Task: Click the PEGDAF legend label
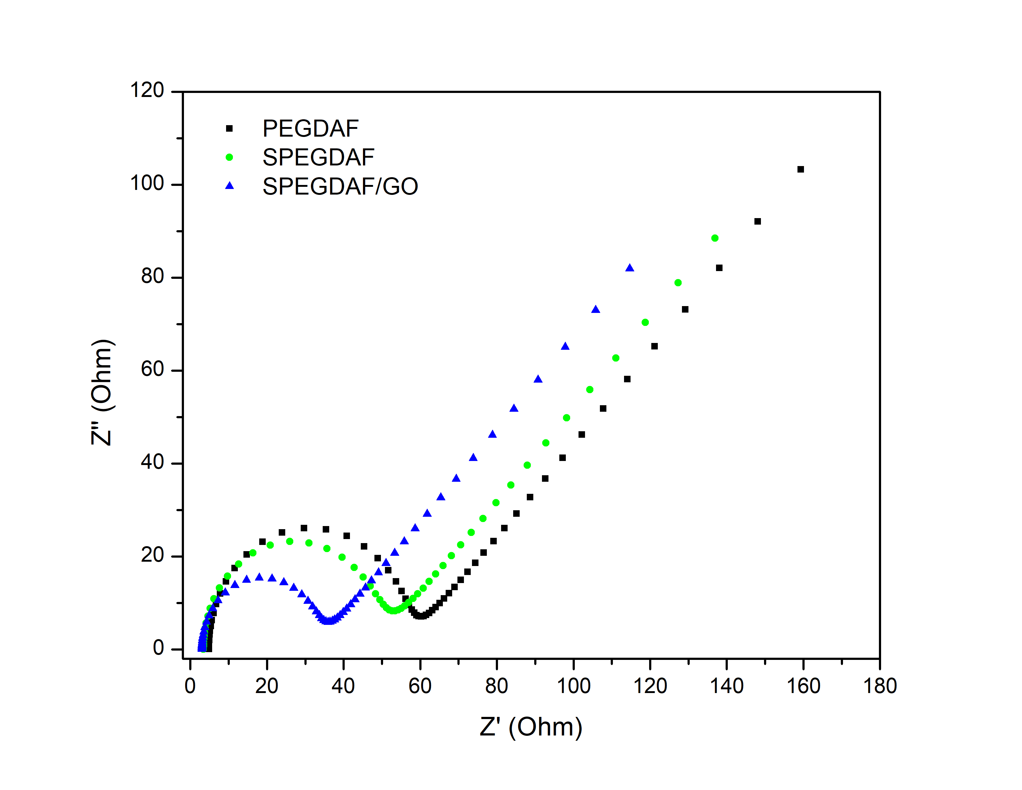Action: pos(310,129)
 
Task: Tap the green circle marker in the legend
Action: pos(229,157)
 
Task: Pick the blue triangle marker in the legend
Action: pos(229,186)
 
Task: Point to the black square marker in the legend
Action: pos(229,128)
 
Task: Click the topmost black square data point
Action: pos(801,169)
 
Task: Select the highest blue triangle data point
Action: pos(630,268)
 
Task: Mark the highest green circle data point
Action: pos(714,238)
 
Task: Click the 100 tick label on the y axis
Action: pos(147,183)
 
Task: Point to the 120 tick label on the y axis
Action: pos(147,90)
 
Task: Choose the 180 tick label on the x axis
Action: pos(880,686)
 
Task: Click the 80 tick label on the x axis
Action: pos(496,686)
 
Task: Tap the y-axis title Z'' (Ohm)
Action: pos(102,392)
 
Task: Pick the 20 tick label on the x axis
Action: pos(266,686)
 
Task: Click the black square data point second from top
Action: pos(758,222)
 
